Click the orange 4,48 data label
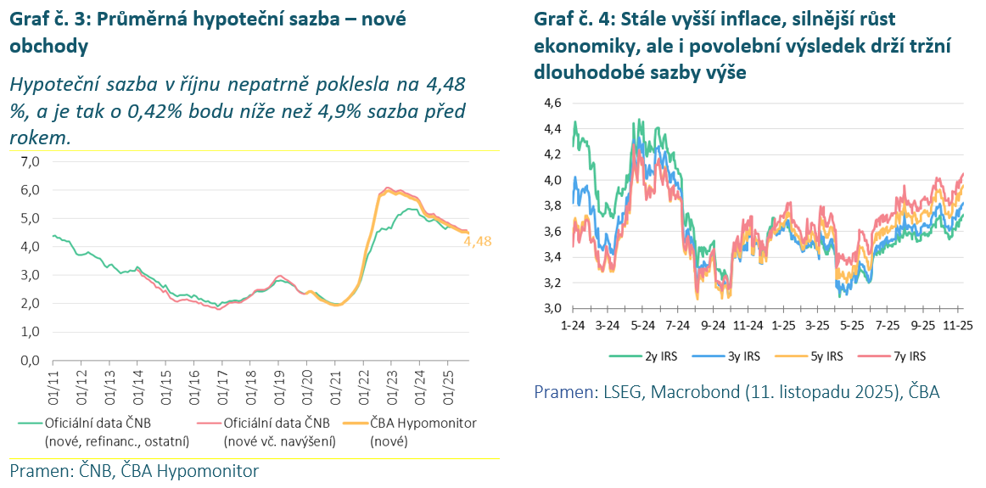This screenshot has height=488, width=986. pos(477,241)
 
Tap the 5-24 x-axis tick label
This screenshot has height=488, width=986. pos(643,325)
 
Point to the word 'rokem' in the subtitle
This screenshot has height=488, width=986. pos(36,137)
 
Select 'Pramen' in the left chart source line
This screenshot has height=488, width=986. pos(37,471)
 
